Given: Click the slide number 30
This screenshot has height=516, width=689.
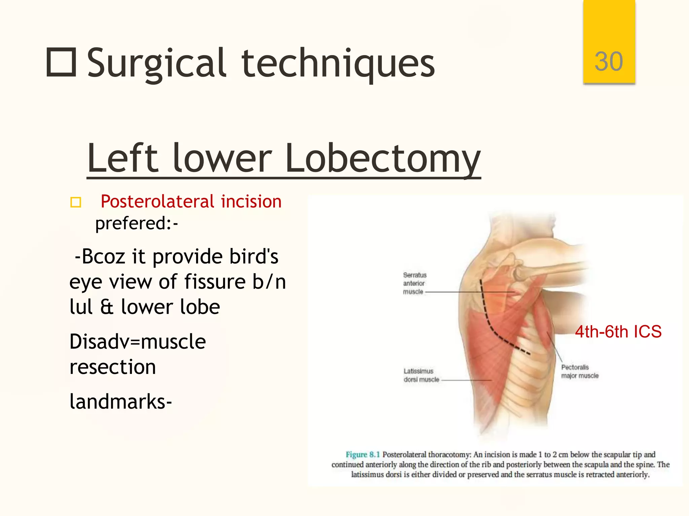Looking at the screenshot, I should click(x=609, y=61).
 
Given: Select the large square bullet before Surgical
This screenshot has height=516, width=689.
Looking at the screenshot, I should click(x=61, y=62).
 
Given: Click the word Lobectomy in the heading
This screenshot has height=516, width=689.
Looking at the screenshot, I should click(x=383, y=158).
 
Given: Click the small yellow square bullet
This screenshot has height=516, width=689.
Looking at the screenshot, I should click(x=76, y=202).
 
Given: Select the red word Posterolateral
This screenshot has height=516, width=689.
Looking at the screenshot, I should click(x=157, y=202).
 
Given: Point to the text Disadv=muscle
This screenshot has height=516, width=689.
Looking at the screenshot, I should click(x=137, y=342).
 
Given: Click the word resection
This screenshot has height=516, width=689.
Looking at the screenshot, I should click(x=113, y=367).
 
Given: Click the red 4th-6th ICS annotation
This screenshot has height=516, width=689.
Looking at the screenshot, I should click(x=618, y=332).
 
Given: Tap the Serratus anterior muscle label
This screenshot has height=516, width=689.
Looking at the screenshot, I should click(x=414, y=283).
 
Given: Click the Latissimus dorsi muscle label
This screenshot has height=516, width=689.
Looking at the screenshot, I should click(x=421, y=375).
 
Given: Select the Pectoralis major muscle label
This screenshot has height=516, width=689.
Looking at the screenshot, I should click(x=579, y=371).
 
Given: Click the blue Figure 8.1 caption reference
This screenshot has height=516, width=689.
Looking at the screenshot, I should click(x=362, y=455).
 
